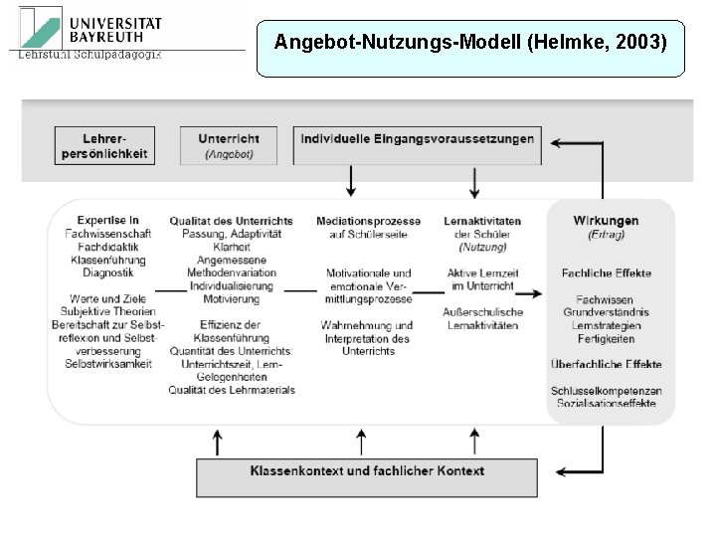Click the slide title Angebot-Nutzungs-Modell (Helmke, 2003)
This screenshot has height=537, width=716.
coord(470,43)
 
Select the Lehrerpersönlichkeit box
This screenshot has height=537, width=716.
coord(104,145)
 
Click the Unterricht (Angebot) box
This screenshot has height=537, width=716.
coord(229,145)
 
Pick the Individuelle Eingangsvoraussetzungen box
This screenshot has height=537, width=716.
coord(418,139)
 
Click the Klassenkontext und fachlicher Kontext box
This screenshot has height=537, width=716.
coord(367,470)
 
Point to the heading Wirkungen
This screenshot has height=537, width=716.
coord(606,221)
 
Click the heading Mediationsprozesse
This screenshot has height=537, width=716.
coord(368,221)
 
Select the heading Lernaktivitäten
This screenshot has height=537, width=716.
coord(482,221)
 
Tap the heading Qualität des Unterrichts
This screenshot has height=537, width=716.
coord(231,221)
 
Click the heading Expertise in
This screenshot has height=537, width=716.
coord(108,220)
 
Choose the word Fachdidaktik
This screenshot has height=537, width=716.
coord(108,246)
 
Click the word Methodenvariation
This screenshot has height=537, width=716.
coord(231,272)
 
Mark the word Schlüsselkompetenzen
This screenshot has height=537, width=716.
coord(606,391)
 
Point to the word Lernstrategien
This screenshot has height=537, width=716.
coord(606,325)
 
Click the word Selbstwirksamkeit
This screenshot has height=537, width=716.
coord(108,363)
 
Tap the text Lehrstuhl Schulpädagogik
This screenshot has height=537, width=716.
coord(89,54)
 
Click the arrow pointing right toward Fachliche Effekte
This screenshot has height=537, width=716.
coord(529,293)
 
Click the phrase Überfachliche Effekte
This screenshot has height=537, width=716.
coord(606,364)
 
